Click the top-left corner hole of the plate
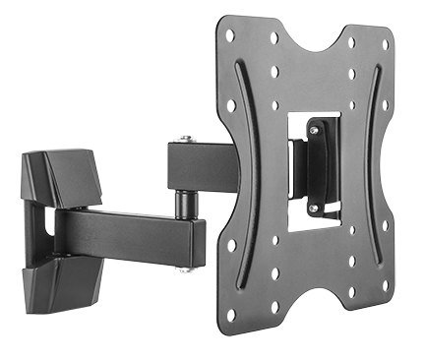(229, 34)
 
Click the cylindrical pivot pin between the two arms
(184, 201)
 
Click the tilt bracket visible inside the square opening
(315, 167)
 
